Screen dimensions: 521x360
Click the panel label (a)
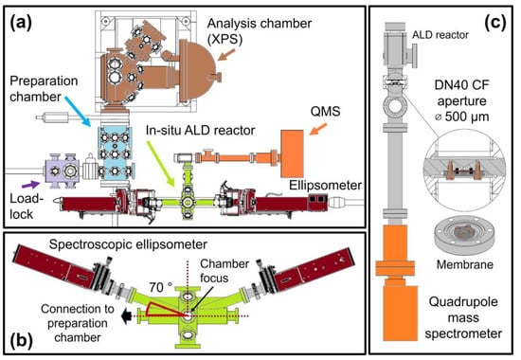21,24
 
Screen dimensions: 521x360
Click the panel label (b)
21,340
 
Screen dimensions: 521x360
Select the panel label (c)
495,23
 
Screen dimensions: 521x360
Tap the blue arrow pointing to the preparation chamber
78,111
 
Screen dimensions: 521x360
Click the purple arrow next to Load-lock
30,185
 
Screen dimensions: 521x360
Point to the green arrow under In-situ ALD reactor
161,163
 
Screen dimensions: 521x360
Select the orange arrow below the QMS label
318,129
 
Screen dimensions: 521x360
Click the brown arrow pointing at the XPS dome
226,55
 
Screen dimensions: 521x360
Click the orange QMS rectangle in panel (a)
292,153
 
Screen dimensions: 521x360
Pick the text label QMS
325,112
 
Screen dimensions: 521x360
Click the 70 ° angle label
160,287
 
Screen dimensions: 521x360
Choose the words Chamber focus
225,271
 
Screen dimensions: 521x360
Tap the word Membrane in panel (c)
464,264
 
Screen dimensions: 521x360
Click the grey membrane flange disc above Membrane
464,236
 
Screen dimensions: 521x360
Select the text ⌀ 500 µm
462,117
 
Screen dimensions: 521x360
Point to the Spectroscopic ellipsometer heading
128,244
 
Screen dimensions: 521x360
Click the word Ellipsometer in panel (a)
325,185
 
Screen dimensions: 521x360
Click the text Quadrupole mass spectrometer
463,317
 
